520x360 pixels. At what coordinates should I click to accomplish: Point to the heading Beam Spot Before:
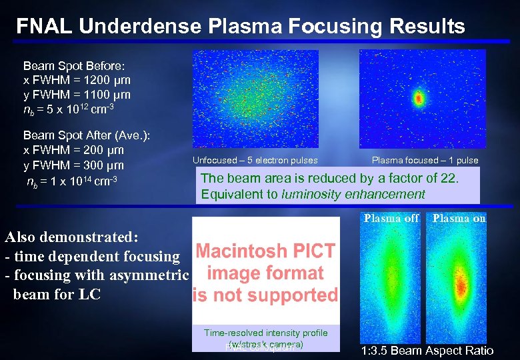[69, 67]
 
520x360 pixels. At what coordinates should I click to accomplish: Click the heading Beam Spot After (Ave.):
[87, 136]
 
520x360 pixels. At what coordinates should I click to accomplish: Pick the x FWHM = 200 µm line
[73, 151]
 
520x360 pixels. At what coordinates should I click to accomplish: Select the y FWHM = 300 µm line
[73, 165]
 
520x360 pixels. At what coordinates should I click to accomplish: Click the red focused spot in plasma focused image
[419, 99]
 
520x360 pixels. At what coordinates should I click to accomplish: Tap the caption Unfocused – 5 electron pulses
[255, 160]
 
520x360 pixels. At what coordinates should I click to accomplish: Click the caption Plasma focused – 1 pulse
[425, 160]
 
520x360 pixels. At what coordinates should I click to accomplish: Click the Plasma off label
[391, 218]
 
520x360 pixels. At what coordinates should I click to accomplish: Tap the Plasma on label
[459, 218]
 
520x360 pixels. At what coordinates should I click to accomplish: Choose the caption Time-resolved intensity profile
[265, 333]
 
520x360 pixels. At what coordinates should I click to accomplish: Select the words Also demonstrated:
[70, 237]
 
